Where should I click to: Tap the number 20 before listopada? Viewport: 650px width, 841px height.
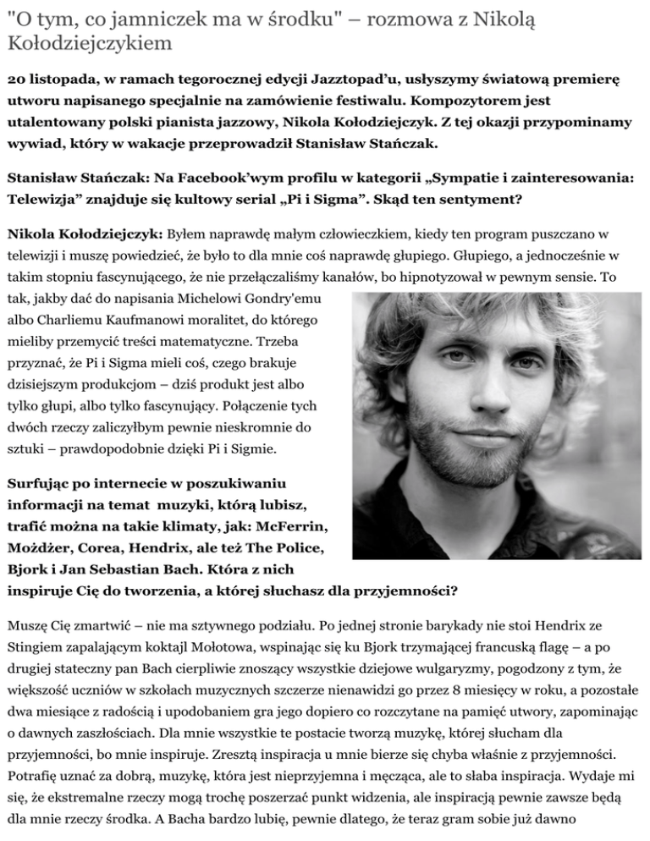[x=16, y=79]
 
